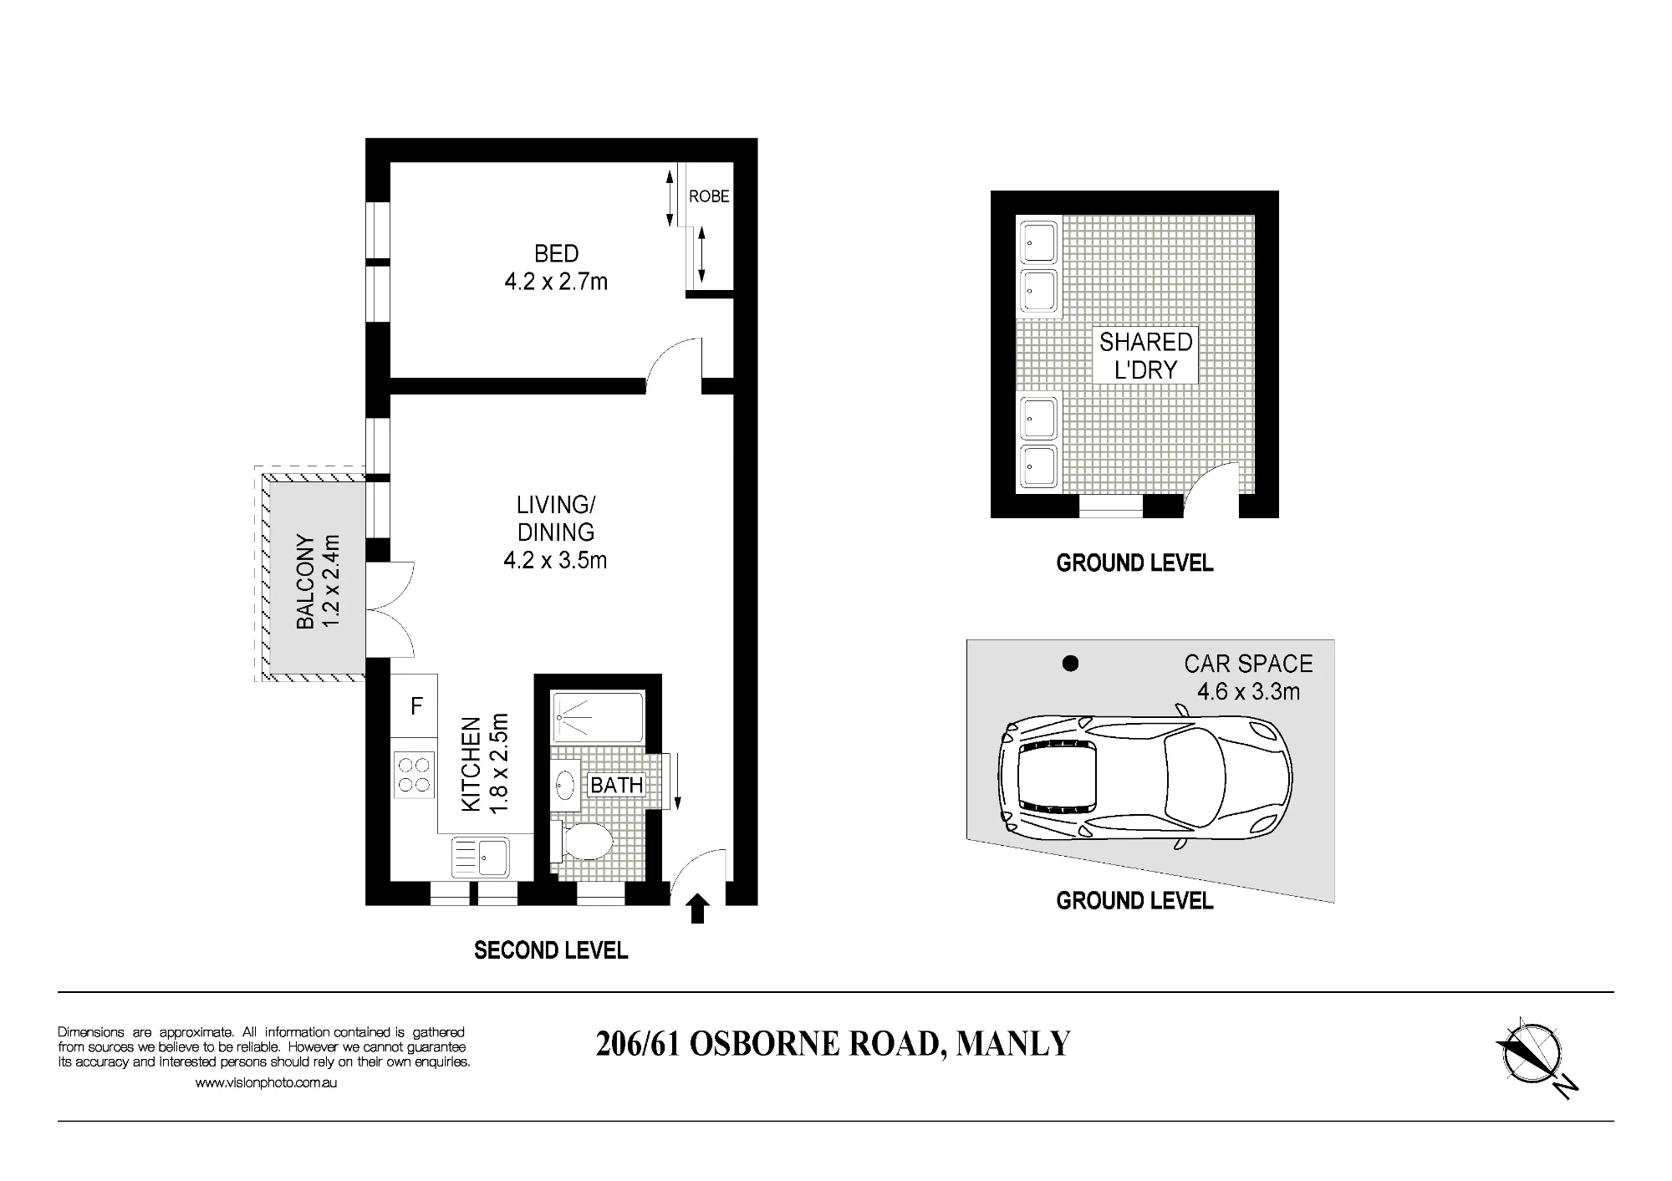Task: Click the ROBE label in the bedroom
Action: pyautogui.click(x=709, y=196)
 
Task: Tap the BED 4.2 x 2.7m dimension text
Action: pyautogui.click(x=556, y=267)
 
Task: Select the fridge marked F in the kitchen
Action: pyautogui.click(x=415, y=706)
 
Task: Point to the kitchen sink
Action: pyautogui.click(x=480, y=857)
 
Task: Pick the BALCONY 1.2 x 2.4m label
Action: pyautogui.click(x=319, y=582)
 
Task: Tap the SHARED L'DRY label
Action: pyautogui.click(x=1145, y=355)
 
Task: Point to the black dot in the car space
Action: pyautogui.click(x=1069, y=664)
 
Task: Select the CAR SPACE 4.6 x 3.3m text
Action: pyautogui.click(x=1248, y=678)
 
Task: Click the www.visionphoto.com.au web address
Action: pyautogui.click(x=266, y=1082)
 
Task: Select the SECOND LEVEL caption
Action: pyautogui.click(x=551, y=950)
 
